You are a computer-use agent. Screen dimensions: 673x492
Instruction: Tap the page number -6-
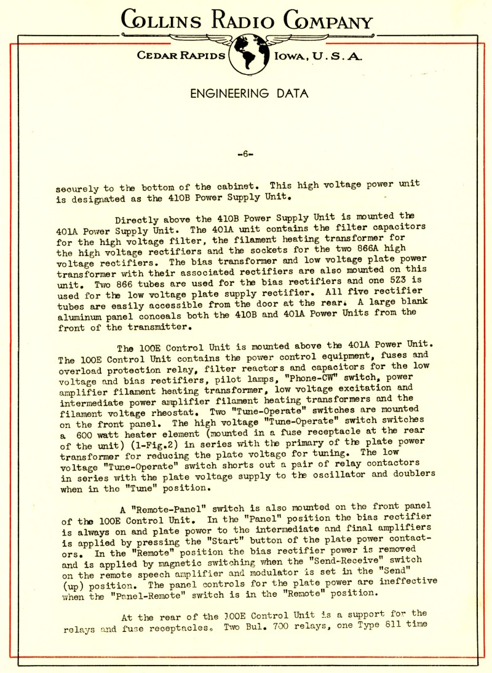[245, 154]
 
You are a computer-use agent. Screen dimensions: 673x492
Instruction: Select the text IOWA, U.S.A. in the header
[318, 56]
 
